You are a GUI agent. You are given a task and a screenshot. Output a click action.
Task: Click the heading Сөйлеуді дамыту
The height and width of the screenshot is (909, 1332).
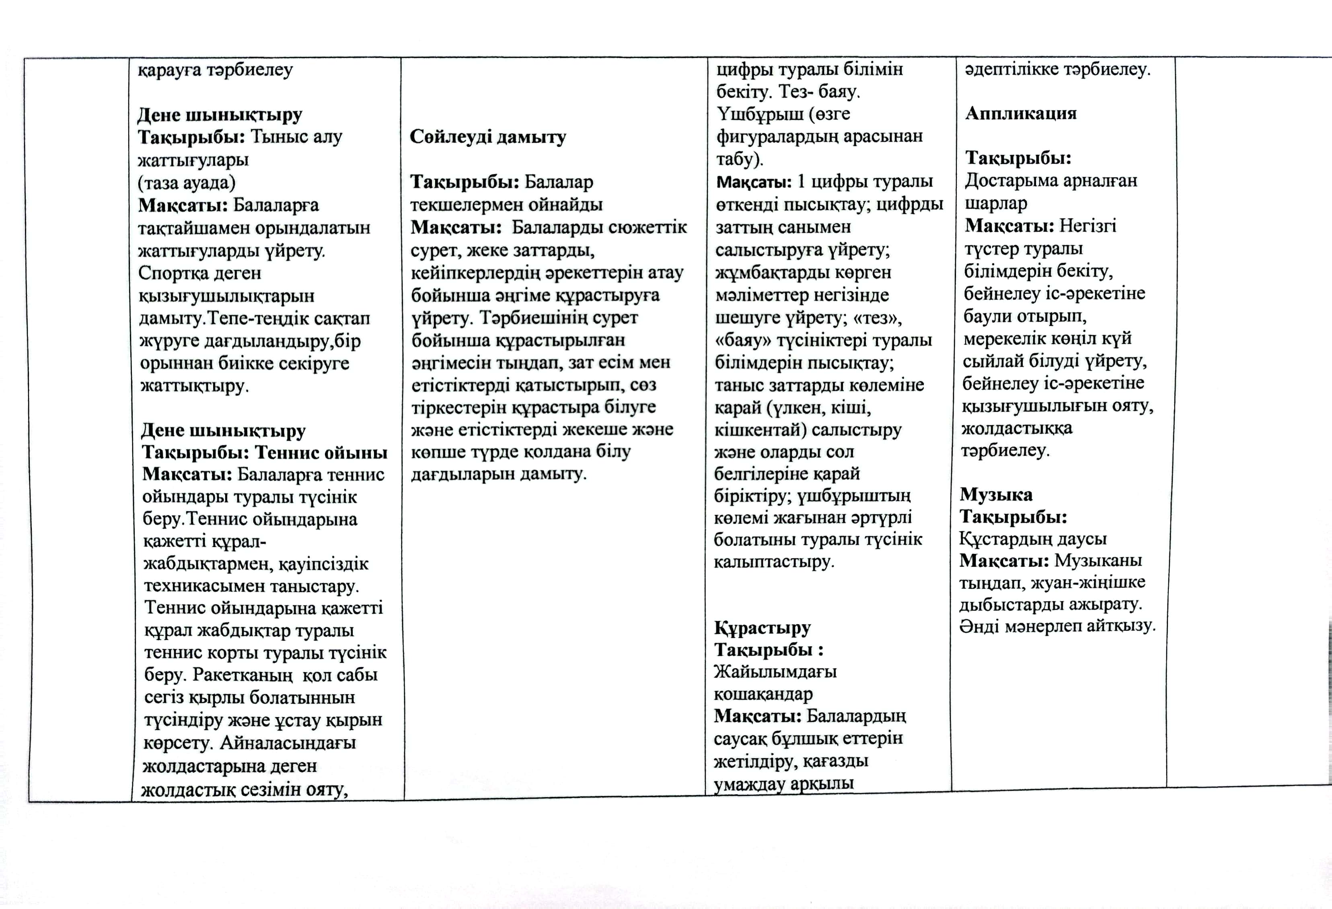[x=488, y=137]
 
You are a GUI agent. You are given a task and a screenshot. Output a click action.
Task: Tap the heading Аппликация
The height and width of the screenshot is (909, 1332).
[x=1021, y=113]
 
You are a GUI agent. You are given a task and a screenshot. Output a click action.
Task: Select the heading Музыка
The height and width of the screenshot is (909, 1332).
[x=996, y=494]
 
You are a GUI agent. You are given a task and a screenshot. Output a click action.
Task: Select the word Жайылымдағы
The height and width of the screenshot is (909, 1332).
[x=775, y=671]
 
